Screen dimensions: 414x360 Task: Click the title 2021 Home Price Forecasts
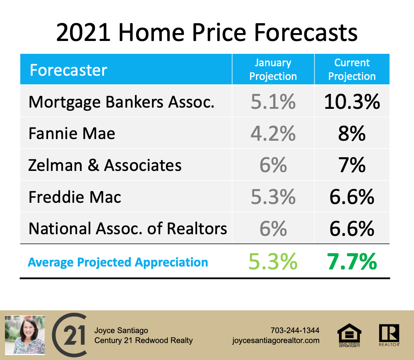pos(207,32)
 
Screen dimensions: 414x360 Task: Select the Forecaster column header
pos(68,70)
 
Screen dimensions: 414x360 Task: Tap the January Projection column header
pos(273,70)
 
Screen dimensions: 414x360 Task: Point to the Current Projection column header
pos(352,70)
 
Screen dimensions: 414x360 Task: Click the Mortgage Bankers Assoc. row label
pos(121,102)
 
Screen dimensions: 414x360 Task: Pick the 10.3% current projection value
pos(352,102)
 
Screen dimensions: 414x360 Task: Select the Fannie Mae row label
pos(72,133)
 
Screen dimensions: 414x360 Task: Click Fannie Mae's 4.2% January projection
pos(273,133)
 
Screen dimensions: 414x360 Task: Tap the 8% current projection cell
pos(352,133)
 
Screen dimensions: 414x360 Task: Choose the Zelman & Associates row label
pos(105,165)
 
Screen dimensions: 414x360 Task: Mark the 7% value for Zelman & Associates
pos(352,165)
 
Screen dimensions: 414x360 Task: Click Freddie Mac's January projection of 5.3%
pos(273,197)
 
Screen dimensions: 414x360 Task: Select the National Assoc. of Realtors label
pos(128,228)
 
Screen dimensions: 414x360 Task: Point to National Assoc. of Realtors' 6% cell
pos(273,228)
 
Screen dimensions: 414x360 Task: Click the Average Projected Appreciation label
pos(118,262)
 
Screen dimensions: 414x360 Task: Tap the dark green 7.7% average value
pos(352,262)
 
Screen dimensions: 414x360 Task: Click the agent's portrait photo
pos(25,335)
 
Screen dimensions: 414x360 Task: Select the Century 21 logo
pos(70,335)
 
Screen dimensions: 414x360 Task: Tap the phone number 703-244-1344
pos(295,330)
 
